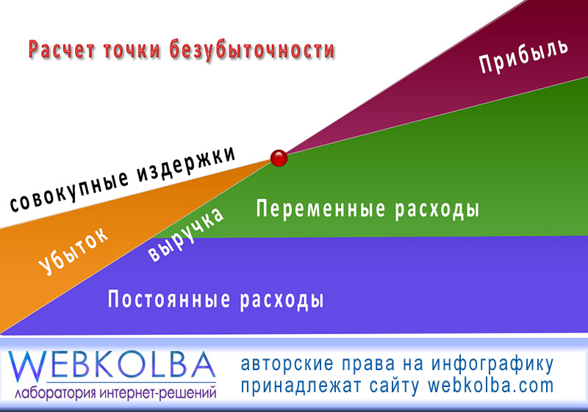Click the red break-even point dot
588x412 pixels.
click(x=279, y=158)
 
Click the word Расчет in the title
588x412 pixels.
click(x=62, y=50)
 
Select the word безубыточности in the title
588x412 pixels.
click(x=251, y=49)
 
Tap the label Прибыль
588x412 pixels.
click(x=523, y=56)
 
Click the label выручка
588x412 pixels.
click(x=186, y=234)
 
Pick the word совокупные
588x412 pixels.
click(x=69, y=191)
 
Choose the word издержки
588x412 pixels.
click(x=186, y=164)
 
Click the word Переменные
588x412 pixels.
click(x=320, y=209)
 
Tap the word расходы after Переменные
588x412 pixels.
click(x=437, y=209)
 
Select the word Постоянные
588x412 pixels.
click(x=169, y=299)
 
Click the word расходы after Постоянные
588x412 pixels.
click(x=282, y=300)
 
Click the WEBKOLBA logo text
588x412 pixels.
click(x=112, y=365)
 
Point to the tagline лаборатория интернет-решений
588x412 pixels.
click(x=115, y=392)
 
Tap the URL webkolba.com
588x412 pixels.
click(x=491, y=386)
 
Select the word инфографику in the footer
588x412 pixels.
click(x=492, y=364)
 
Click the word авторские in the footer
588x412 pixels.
click(x=287, y=364)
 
